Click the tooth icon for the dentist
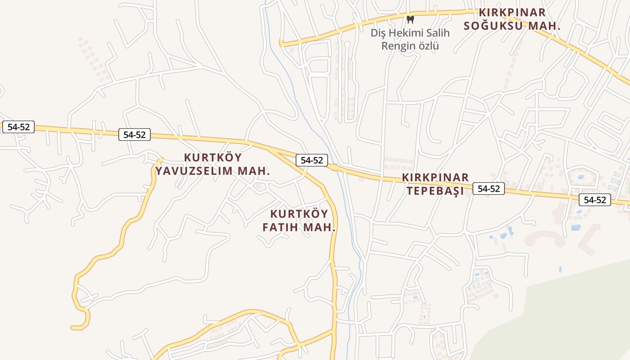(410, 19)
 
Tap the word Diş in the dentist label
(378, 33)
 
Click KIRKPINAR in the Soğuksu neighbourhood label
(512, 12)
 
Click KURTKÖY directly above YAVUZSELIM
(213, 157)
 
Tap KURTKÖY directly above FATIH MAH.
(299, 214)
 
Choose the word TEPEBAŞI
(435, 191)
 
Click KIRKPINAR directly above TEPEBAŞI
(436, 177)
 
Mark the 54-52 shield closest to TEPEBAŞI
(489, 189)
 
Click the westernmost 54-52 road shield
(18, 127)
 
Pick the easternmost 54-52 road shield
(595, 200)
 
